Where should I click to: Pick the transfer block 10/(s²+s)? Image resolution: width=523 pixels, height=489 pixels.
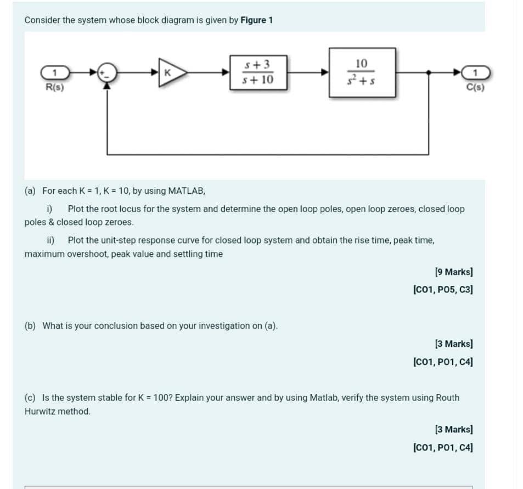[362, 72]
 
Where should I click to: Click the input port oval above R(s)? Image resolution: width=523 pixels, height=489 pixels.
[54, 72]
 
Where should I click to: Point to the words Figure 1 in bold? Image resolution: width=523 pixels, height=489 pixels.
[256, 20]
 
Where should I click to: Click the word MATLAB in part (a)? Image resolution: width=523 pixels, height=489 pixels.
[186, 191]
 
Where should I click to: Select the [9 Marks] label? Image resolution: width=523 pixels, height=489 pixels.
[453, 272]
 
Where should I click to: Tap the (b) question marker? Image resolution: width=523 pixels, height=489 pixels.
[30, 326]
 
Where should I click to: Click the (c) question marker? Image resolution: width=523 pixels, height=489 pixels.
[30, 397]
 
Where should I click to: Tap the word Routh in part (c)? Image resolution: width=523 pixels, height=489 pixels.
[447, 397]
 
